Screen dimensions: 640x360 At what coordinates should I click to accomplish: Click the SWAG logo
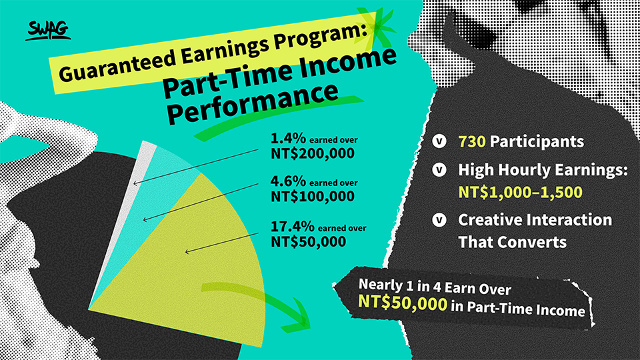point(48,30)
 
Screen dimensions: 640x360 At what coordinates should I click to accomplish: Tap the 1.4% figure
point(288,139)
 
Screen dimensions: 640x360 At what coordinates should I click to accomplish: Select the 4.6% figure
point(288,181)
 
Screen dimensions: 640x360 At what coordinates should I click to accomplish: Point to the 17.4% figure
point(293,226)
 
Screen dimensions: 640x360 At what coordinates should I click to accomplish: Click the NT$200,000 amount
point(313,153)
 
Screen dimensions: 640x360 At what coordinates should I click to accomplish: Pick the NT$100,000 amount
point(313,196)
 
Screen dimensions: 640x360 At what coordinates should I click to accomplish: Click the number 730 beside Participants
point(472,141)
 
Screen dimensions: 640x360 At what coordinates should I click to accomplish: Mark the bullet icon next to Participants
point(439,141)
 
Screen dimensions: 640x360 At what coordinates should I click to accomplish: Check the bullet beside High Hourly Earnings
point(439,169)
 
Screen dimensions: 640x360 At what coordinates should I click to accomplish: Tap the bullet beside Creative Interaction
point(439,220)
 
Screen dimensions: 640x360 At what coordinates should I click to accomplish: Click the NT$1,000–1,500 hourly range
point(521,192)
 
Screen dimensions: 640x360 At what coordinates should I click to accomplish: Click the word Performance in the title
point(253,103)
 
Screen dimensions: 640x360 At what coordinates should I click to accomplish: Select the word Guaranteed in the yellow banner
point(118,64)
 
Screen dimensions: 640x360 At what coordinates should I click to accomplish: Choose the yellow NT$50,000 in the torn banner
point(403,303)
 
